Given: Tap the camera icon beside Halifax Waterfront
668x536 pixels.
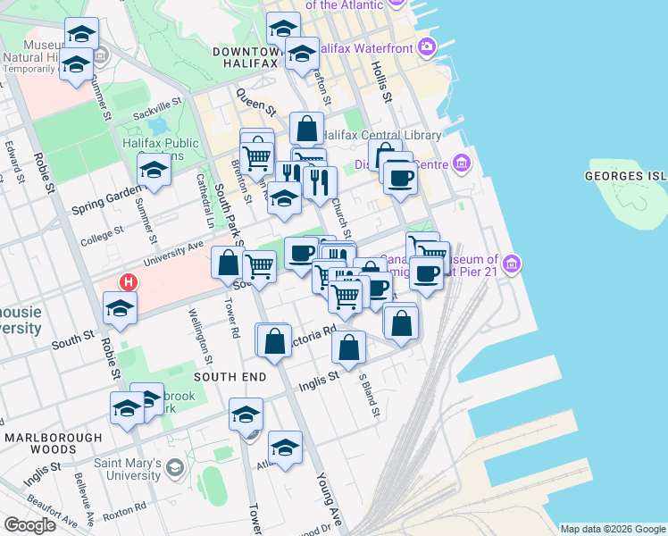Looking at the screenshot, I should [x=428, y=46].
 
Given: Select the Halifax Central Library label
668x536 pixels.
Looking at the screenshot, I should [x=381, y=135].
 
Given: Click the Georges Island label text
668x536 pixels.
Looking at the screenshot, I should [x=626, y=176].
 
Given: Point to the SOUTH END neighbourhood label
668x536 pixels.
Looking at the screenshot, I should [x=230, y=377].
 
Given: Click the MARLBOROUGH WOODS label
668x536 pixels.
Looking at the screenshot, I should [x=53, y=444].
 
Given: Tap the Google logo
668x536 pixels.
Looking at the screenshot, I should [x=29, y=524].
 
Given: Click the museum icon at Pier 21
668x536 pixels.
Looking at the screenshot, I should [x=512, y=264].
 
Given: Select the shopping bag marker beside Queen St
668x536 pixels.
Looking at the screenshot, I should [x=306, y=130].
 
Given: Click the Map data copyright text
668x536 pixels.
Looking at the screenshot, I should [x=611, y=528].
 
